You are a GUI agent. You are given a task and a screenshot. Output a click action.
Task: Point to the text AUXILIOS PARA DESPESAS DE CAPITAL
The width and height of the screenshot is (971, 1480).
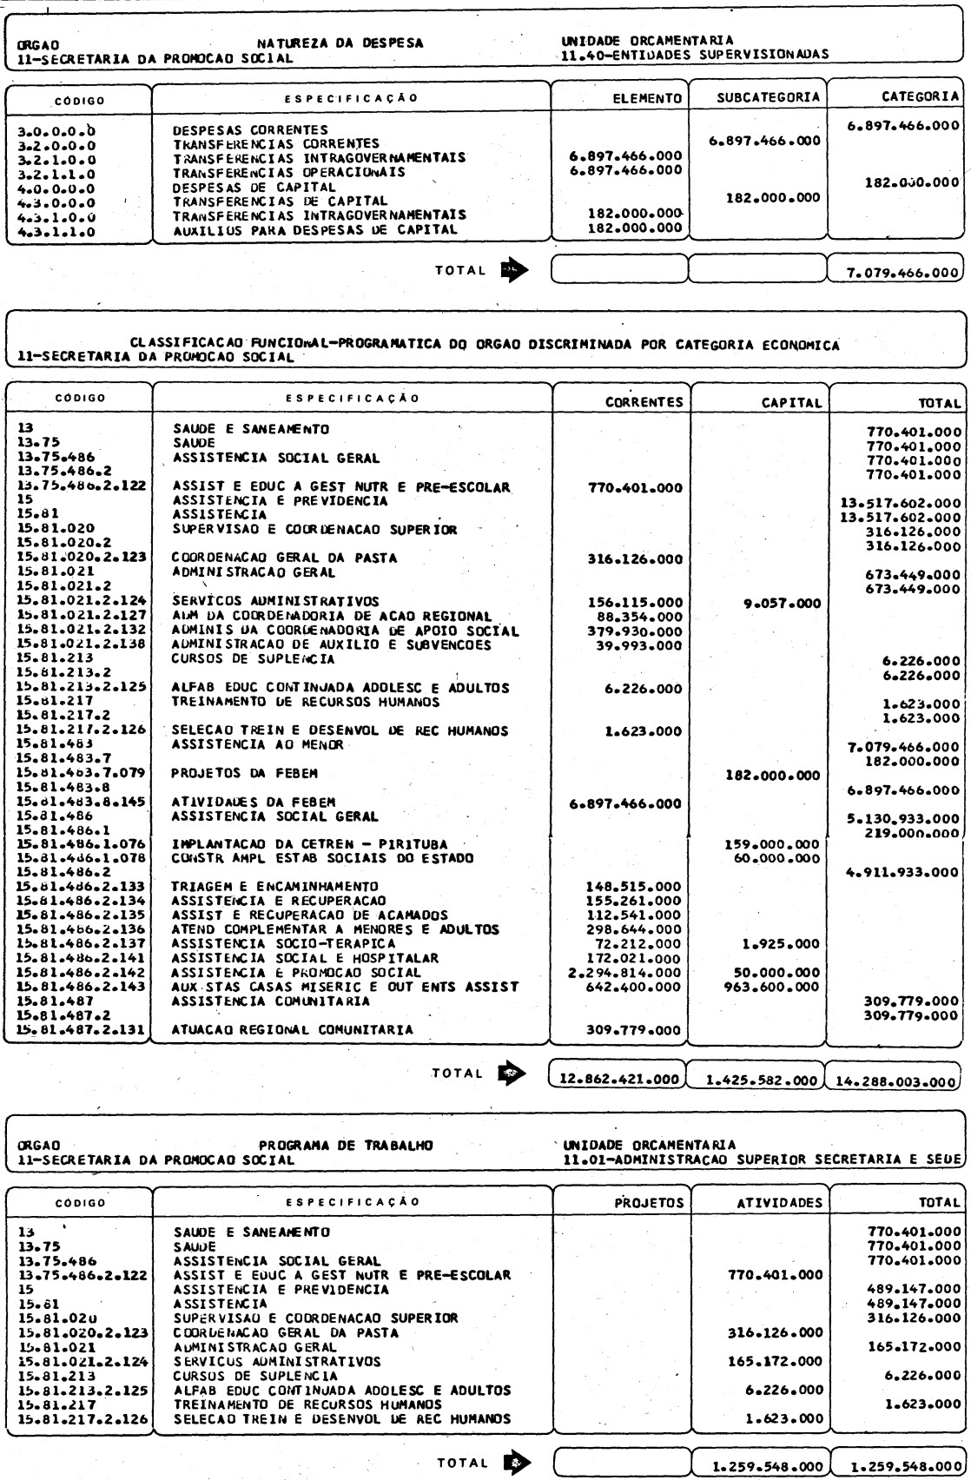pyautogui.click(x=314, y=229)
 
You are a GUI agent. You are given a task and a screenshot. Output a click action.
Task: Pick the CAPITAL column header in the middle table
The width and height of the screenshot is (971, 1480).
pyautogui.click(x=789, y=403)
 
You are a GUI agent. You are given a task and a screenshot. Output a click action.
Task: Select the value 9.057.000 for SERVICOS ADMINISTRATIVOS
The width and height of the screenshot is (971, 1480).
pyautogui.click(x=785, y=601)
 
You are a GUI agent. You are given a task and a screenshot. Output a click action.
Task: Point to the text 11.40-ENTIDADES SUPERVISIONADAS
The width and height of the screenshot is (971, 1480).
pyautogui.click(x=695, y=54)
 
